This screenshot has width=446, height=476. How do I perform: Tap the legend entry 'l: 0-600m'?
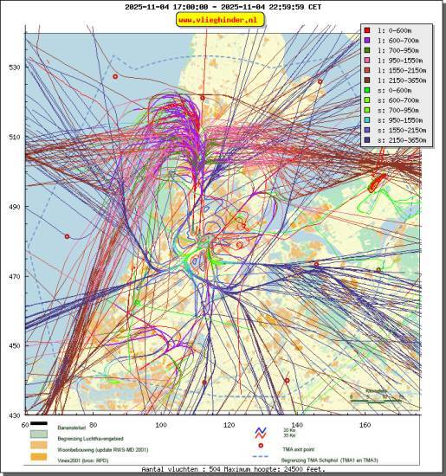(394, 30)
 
